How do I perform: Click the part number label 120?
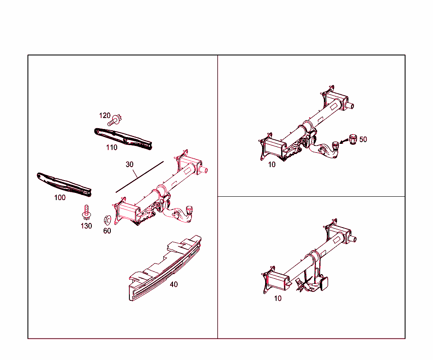(104, 115)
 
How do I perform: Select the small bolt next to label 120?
(115, 121)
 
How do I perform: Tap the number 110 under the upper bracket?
(112, 148)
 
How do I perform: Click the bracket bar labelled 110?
(123, 138)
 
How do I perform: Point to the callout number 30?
(129, 164)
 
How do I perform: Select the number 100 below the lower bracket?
(60, 198)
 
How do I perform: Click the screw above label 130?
(86, 211)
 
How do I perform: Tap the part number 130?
(86, 226)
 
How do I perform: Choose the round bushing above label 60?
(107, 220)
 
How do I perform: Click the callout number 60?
(107, 231)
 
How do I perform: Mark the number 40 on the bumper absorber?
(173, 284)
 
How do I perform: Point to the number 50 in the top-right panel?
(363, 139)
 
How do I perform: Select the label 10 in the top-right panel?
(271, 165)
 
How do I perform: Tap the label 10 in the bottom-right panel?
(277, 298)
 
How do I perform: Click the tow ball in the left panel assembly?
(189, 209)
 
